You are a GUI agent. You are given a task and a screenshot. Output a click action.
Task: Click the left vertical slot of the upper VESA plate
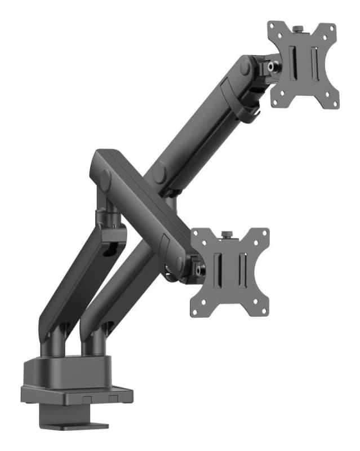pos(292,62)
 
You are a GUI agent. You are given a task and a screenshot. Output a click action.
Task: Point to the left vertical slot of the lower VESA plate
pos(219,268)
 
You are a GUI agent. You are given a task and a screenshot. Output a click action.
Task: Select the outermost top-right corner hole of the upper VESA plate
pos(332,28)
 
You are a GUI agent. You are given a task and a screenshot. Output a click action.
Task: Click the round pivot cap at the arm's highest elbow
pos(245,67)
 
